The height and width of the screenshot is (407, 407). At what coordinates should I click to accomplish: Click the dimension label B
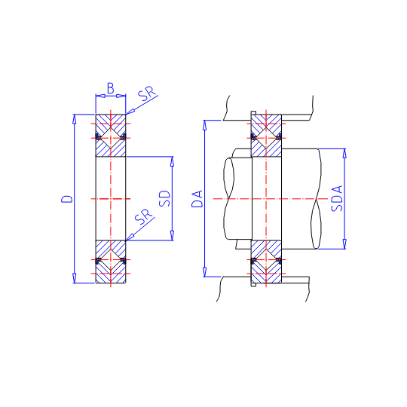(111, 88)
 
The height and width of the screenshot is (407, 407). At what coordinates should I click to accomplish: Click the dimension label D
(67, 199)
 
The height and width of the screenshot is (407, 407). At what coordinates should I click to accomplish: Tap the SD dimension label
(165, 198)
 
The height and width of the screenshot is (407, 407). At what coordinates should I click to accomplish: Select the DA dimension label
(197, 199)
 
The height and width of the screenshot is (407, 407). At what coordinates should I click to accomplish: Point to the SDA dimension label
(337, 198)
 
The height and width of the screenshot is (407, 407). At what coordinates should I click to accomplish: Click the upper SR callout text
(147, 93)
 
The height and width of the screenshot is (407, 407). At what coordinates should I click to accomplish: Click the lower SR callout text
(144, 216)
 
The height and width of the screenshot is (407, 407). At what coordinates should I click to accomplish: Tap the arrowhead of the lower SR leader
(130, 237)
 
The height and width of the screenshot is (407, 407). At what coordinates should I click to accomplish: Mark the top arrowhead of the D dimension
(75, 118)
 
